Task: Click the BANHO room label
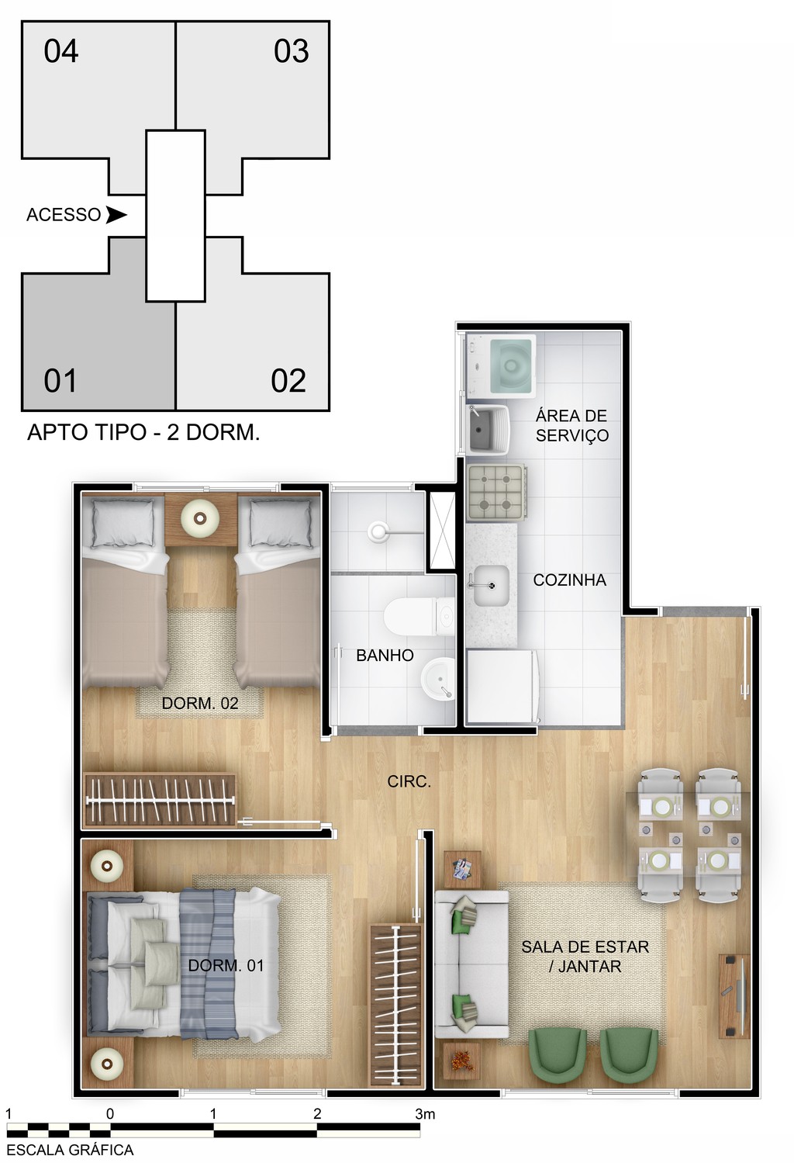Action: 385,656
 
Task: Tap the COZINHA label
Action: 569,580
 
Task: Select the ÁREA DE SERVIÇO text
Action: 571,425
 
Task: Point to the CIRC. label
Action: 409,781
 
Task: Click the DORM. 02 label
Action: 199,704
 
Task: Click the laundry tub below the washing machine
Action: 488,429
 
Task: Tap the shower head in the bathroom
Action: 378,531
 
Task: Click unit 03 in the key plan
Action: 291,51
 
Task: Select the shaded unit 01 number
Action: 60,381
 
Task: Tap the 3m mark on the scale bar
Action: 424,1114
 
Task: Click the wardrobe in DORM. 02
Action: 160,800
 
